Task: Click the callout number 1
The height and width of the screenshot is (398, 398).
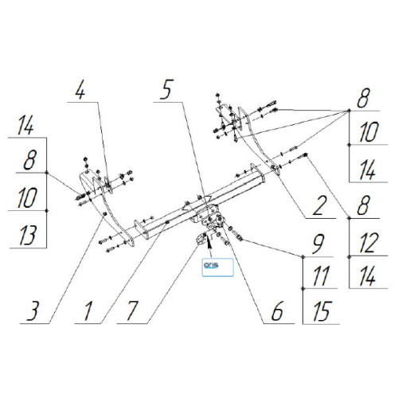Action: click(88, 311)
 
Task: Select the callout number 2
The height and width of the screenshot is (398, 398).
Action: click(319, 205)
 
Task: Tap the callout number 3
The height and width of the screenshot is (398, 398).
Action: click(33, 311)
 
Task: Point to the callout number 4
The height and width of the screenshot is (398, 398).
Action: click(80, 90)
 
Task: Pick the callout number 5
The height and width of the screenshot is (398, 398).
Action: click(166, 89)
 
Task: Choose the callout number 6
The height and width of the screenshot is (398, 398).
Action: click(278, 311)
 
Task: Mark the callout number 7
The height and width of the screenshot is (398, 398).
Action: click(132, 311)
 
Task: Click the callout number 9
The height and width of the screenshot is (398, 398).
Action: click(318, 244)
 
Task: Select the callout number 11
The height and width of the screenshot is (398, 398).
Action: click(322, 276)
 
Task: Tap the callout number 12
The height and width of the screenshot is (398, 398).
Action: click(368, 243)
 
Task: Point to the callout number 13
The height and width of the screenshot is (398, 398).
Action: click(28, 236)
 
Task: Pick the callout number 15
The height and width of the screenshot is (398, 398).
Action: click(322, 311)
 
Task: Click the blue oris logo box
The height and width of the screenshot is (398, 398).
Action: click(218, 267)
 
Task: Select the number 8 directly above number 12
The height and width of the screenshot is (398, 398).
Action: click(364, 205)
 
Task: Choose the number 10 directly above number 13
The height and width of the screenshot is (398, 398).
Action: click(27, 198)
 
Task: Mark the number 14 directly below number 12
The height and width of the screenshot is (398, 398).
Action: click(368, 276)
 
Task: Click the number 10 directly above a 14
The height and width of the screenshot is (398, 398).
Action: click(369, 132)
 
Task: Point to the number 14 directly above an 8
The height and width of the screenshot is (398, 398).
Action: click(25, 126)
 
